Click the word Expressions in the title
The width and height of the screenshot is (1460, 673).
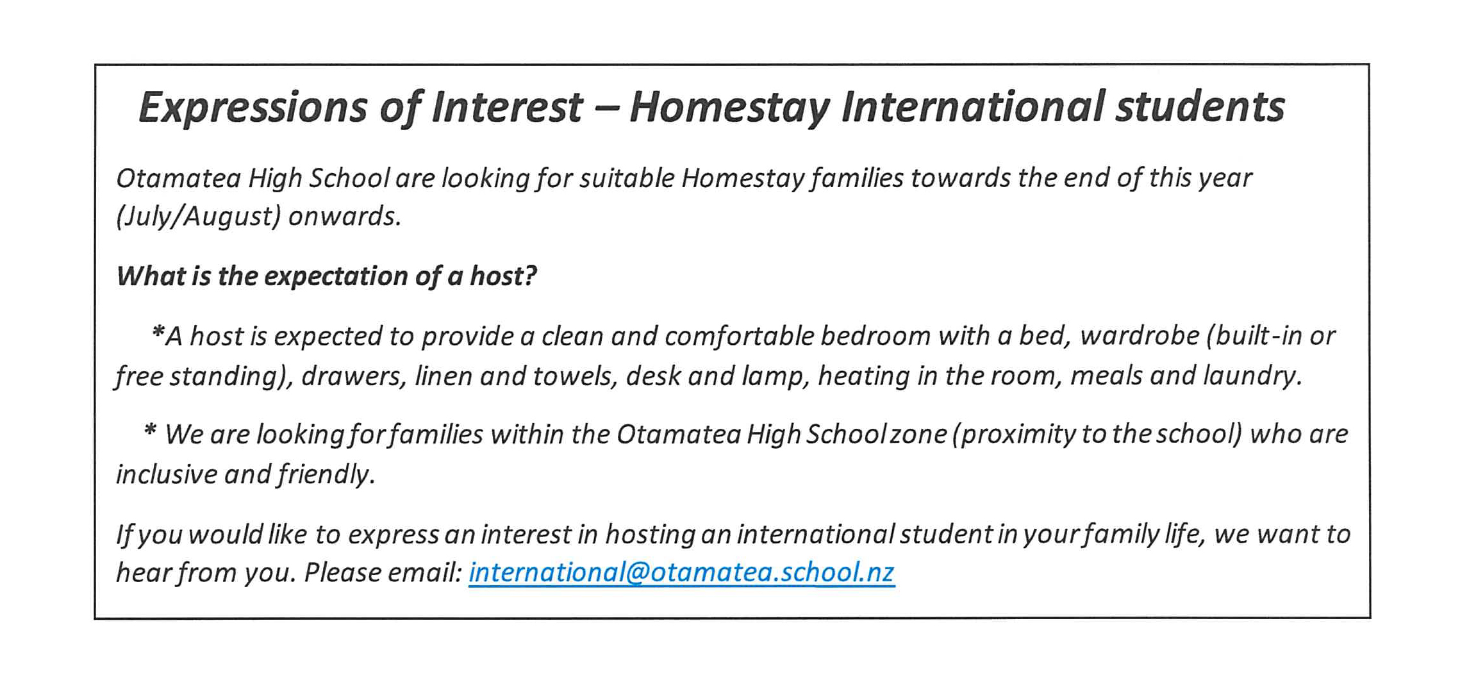253,108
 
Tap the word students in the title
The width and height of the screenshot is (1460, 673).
1200,106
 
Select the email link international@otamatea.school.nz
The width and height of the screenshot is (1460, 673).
681,572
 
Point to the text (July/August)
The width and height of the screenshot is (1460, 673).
198,217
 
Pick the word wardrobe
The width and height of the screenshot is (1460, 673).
1140,336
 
